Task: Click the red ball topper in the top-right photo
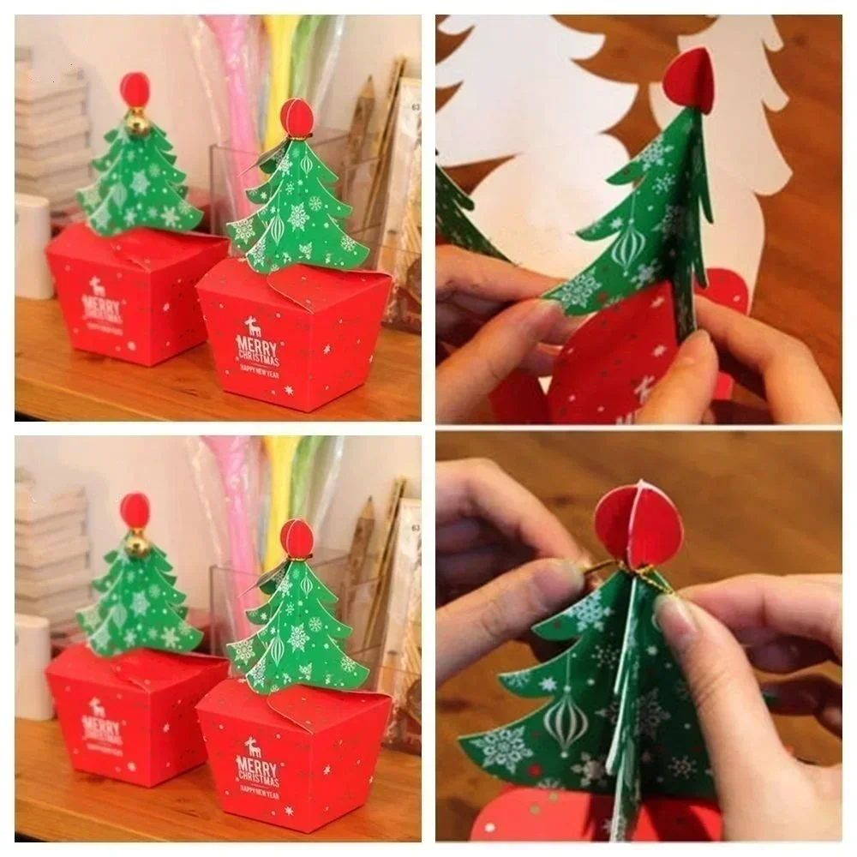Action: [690, 81]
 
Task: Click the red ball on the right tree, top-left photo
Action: [296, 118]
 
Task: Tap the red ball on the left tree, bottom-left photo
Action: [135, 510]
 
